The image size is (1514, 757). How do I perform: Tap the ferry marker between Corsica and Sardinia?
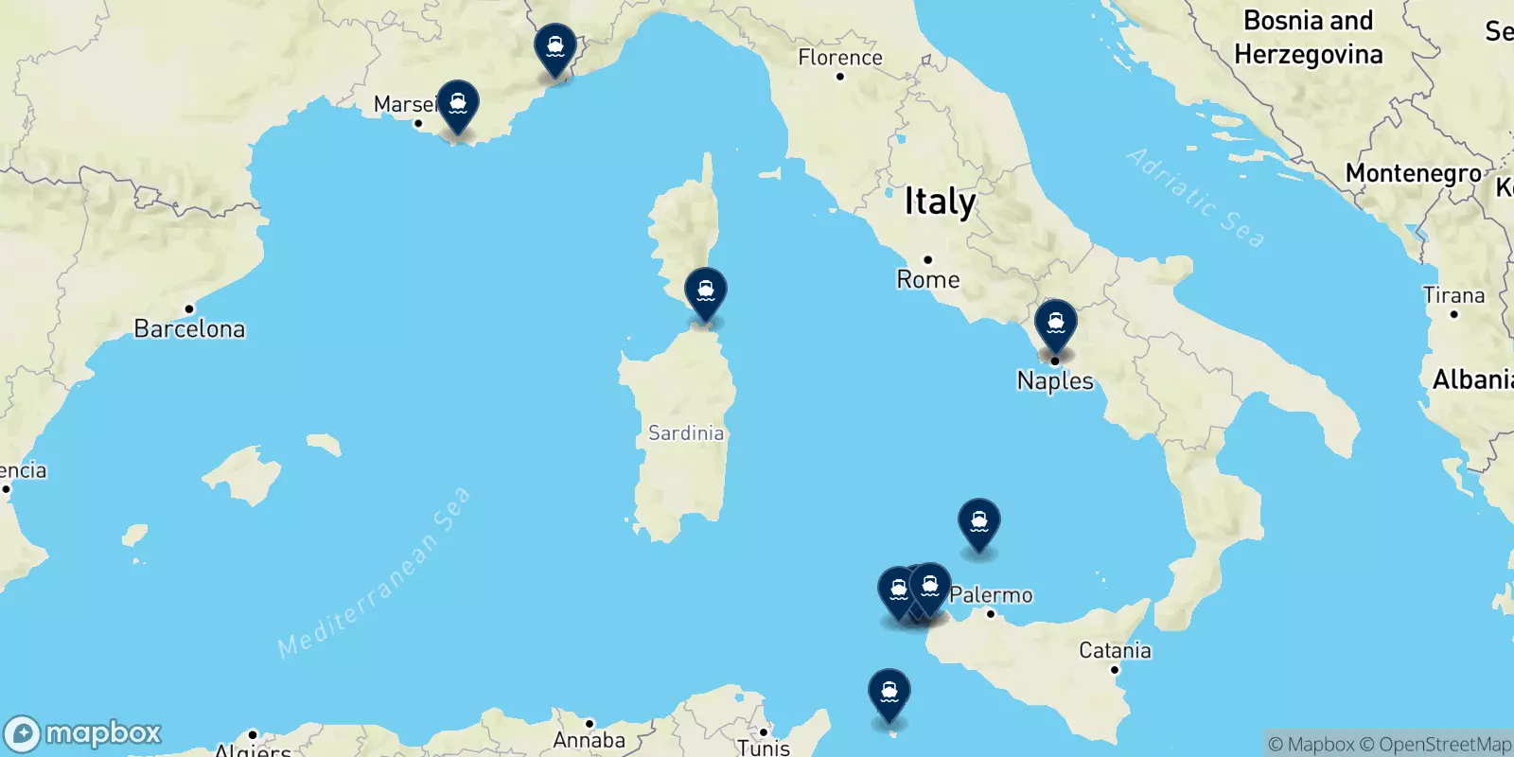(x=706, y=292)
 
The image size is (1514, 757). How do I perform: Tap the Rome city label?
(x=928, y=279)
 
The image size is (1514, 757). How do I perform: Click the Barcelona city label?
(x=189, y=328)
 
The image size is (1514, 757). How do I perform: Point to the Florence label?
(x=840, y=58)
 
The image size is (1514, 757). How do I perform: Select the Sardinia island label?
(x=686, y=433)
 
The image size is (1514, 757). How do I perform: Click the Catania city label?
(x=1115, y=650)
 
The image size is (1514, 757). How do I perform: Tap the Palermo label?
(x=991, y=594)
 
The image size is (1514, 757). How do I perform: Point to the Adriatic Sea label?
(x=1195, y=198)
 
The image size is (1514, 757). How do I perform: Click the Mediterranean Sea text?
(x=375, y=573)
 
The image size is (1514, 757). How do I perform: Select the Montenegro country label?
(x=1414, y=173)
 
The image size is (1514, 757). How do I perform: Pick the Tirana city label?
(x=1453, y=295)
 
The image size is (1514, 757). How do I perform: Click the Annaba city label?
(x=589, y=740)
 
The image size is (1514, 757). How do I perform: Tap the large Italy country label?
(x=940, y=202)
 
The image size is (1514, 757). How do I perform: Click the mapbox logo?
(x=83, y=733)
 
